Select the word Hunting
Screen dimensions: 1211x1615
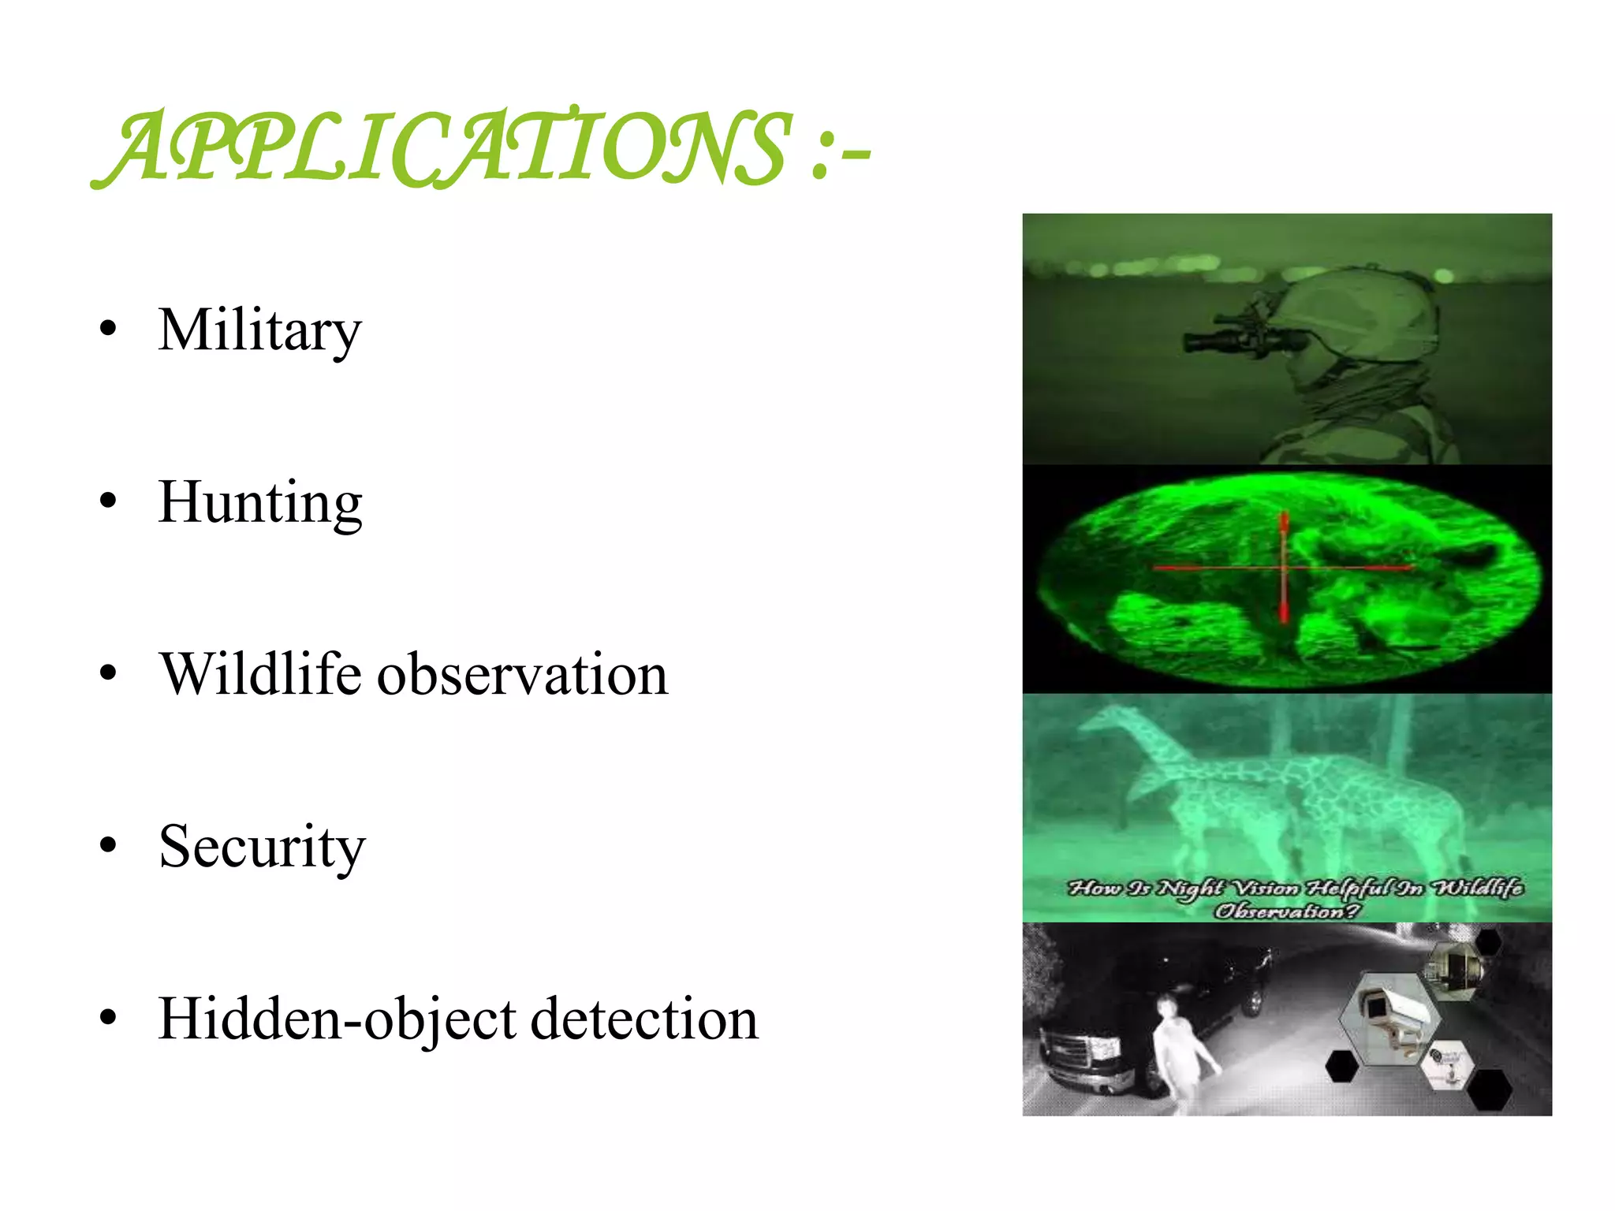(x=260, y=503)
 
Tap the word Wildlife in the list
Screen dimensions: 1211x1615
(x=261, y=675)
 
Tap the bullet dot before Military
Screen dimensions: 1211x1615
(x=108, y=329)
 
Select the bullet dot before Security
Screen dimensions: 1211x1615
(x=108, y=845)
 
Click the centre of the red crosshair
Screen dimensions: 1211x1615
(x=1284, y=567)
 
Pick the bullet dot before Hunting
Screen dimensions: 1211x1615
(x=108, y=501)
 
